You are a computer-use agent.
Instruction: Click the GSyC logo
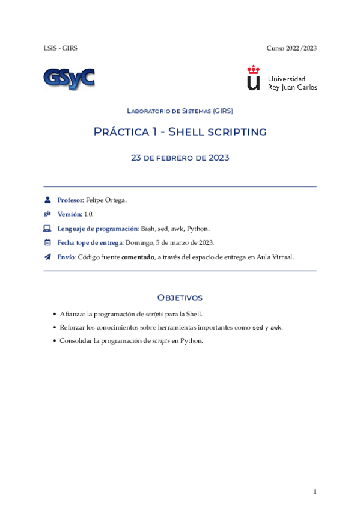[68, 78]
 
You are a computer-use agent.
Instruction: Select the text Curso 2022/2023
[291, 48]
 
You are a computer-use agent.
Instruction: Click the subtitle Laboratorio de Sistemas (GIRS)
[180, 111]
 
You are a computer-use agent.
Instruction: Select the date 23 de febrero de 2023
[180, 158]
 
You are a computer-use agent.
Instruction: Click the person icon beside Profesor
[47, 200]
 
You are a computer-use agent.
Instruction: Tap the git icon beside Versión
[47, 214]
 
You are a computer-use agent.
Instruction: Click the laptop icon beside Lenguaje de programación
[47, 229]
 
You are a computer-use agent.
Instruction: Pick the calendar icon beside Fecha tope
[47, 243]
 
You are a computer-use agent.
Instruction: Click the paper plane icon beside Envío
[47, 257]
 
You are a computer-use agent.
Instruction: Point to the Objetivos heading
[180, 298]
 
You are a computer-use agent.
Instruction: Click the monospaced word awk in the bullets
[276, 328]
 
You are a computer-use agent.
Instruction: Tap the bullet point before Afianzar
[55, 315]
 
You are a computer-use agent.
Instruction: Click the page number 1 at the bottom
[314, 492]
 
